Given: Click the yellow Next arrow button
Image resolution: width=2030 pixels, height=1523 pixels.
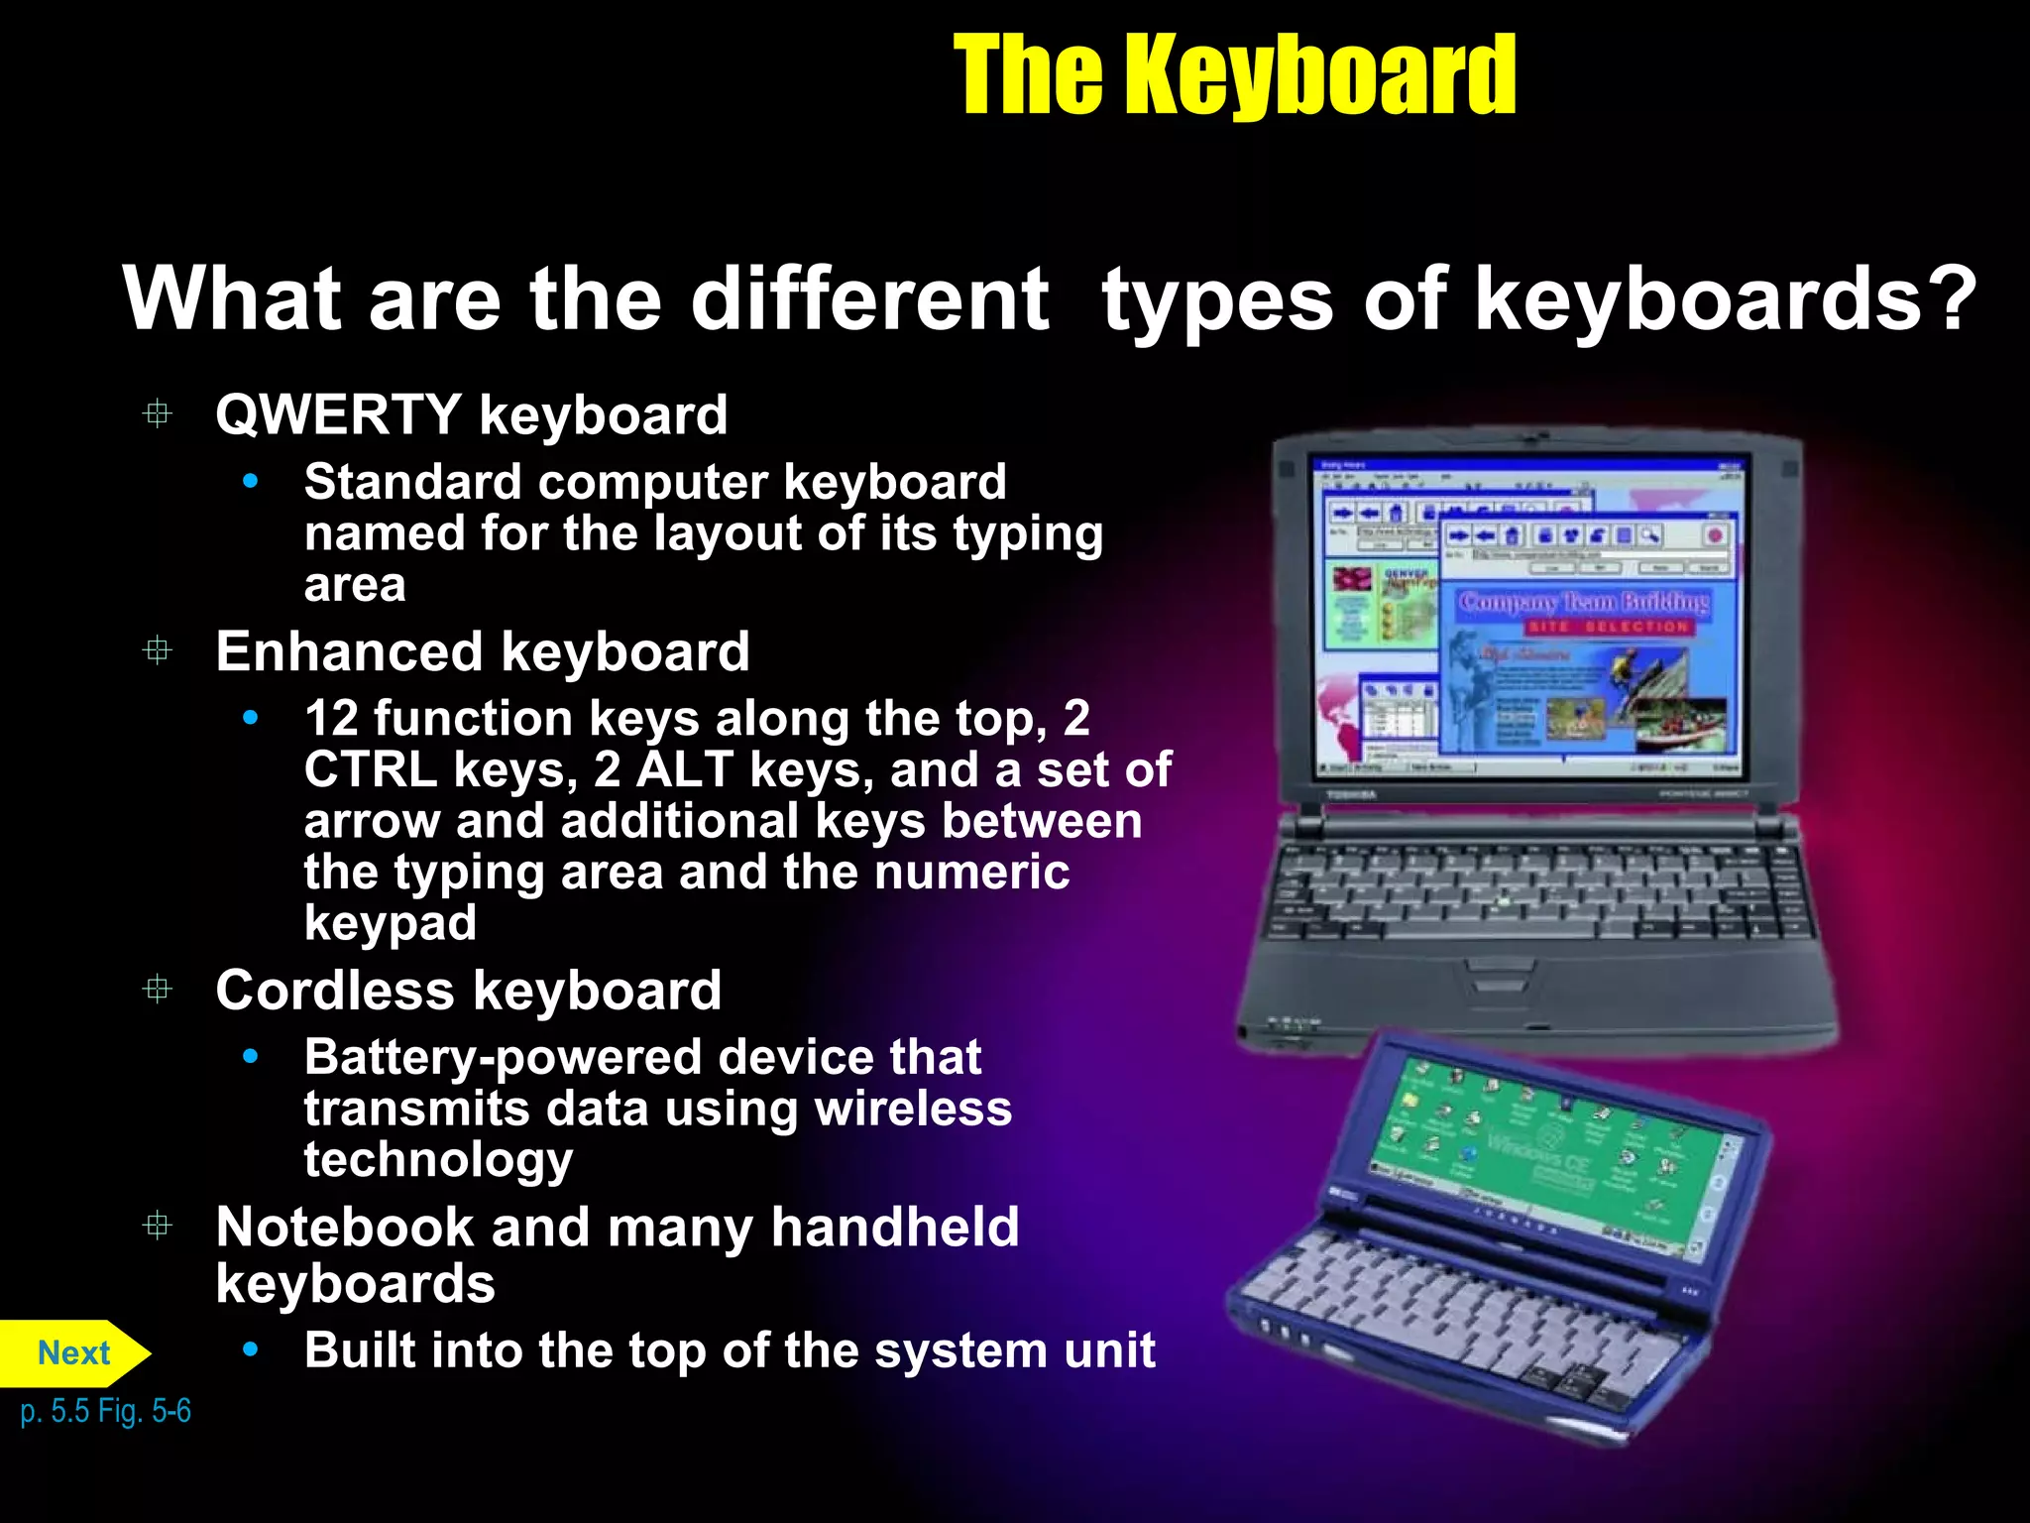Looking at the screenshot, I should tap(73, 1352).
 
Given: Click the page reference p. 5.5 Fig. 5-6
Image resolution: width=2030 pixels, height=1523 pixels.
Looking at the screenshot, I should tap(105, 1410).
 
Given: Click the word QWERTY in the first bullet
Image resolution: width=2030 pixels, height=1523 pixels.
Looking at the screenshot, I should tap(338, 414).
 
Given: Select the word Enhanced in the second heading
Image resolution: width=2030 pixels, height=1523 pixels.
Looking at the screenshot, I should tap(349, 652).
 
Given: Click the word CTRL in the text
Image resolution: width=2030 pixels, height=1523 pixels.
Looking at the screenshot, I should tap(370, 769).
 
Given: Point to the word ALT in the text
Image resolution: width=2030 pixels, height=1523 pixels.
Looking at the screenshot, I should tap(684, 769).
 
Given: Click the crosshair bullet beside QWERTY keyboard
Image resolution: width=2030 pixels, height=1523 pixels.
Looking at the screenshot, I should tap(158, 413).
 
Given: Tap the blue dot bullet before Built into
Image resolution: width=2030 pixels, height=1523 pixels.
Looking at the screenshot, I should tap(251, 1348).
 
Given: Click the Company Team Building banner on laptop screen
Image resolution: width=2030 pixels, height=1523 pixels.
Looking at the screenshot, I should tap(1583, 602).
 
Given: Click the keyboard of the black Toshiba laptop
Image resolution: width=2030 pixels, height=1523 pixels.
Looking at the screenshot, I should tap(1536, 892).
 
